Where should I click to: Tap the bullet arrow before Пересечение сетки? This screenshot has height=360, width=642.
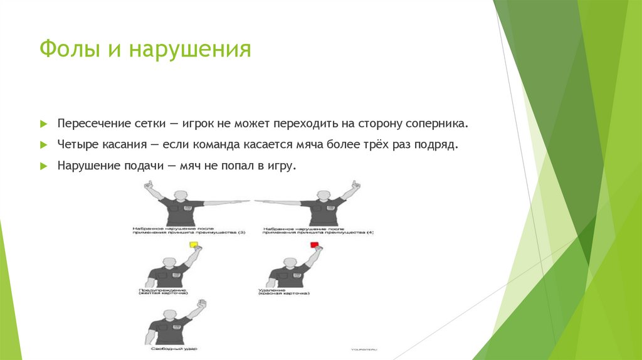(x=43, y=123)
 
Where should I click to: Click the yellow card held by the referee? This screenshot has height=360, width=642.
(x=194, y=245)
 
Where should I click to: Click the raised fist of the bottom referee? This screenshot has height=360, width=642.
(x=201, y=305)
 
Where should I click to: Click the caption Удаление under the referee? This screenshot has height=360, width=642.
(x=271, y=290)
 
